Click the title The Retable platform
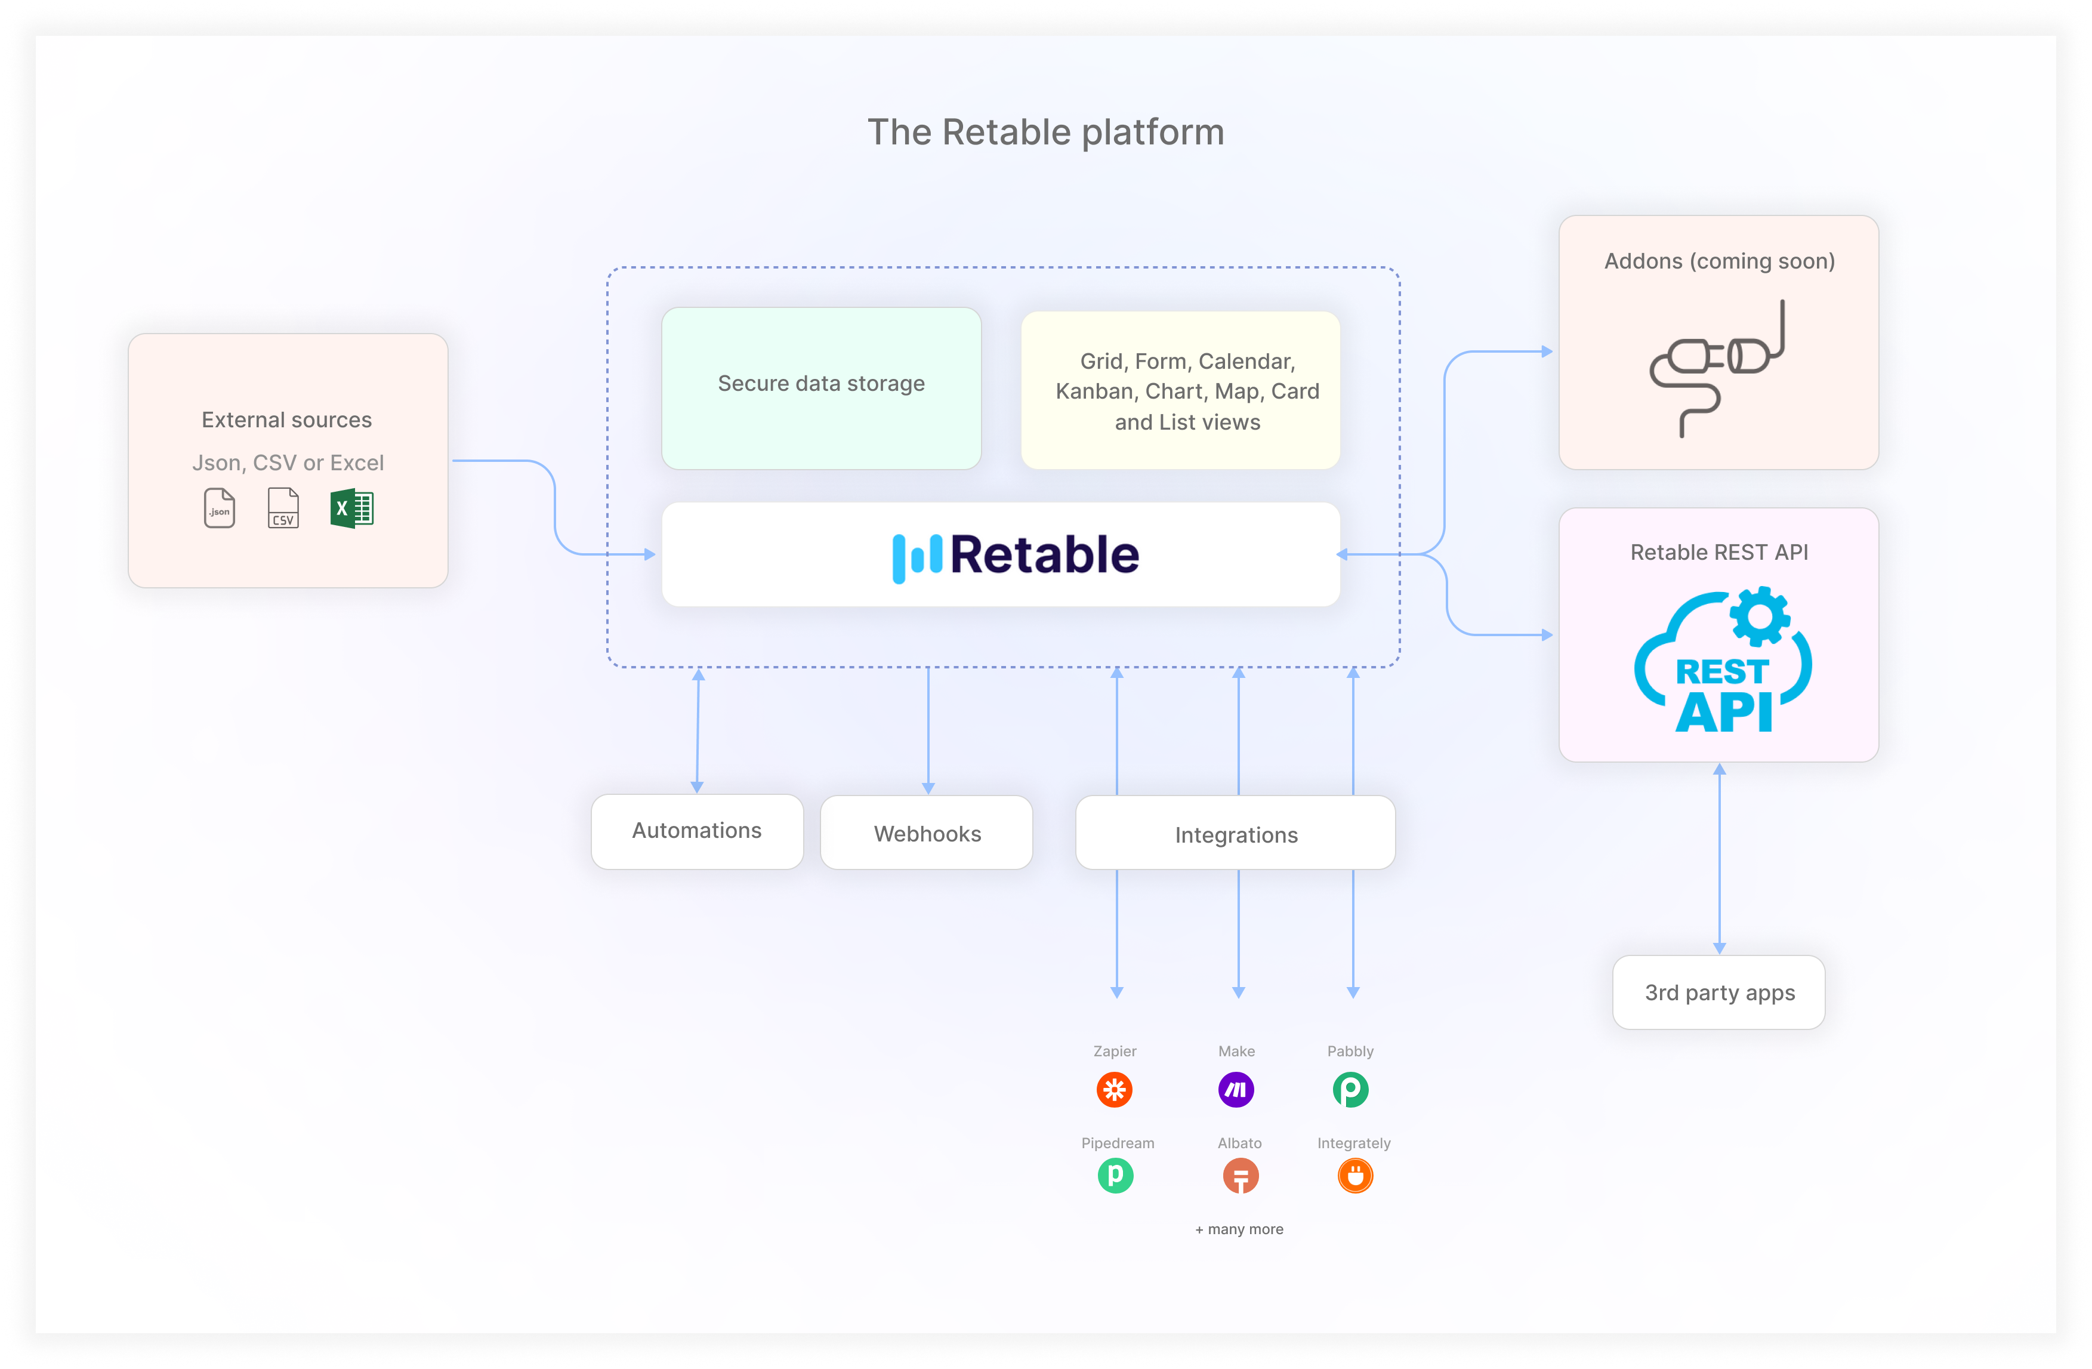click(1045, 132)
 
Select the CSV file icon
click(283, 508)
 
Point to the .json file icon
click(219, 508)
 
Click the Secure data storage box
click(821, 388)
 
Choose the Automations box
click(697, 831)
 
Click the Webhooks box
click(927, 832)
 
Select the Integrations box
click(1235, 834)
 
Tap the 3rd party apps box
click(1718, 992)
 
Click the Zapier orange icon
click(1115, 1090)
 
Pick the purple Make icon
click(1236, 1090)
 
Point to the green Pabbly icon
click(1350, 1090)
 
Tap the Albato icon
click(1241, 1176)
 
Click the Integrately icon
click(1354, 1176)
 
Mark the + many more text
click(1239, 1229)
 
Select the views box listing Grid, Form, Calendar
click(1180, 390)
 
